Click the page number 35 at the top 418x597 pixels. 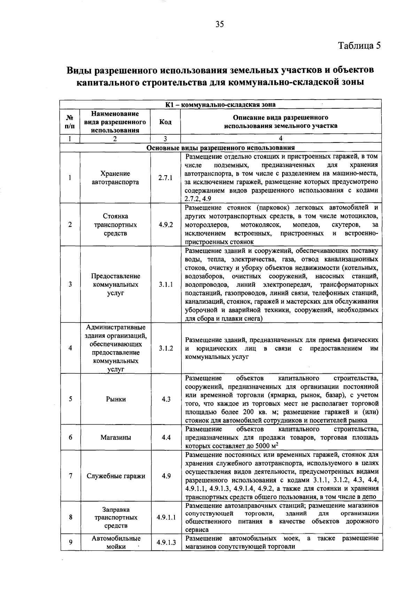pos(220,24)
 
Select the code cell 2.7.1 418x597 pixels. pos(165,178)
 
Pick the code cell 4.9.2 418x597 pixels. pos(165,225)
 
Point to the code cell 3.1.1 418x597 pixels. pos(166,285)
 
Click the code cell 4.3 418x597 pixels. pos(166,400)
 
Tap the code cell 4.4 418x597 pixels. pos(166,437)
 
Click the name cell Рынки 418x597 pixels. pos(116,400)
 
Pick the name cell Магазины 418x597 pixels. pos(116,437)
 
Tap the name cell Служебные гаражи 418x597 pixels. pos(116,476)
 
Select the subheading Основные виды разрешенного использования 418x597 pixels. pos(220,148)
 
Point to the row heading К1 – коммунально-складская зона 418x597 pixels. pos(220,104)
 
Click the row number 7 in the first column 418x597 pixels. pos(70,476)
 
